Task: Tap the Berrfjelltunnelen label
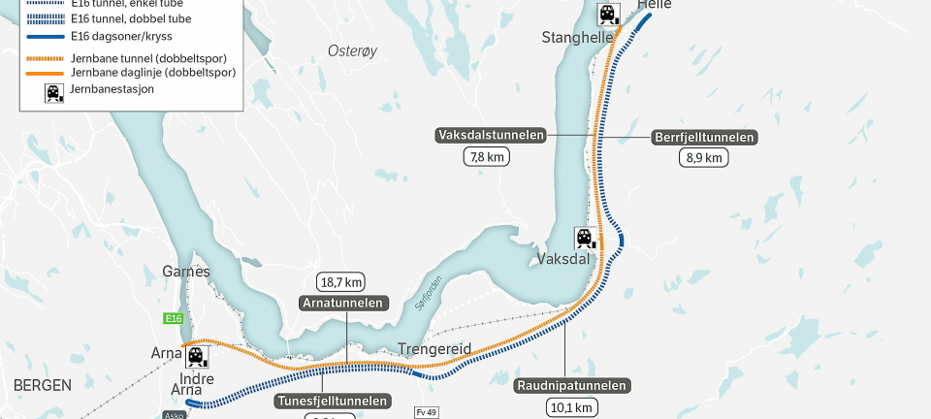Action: click(x=704, y=138)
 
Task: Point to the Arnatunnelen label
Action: click(x=343, y=303)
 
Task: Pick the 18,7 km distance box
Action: click(x=340, y=282)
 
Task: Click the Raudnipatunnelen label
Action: click(x=572, y=386)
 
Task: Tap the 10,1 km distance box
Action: click(x=570, y=407)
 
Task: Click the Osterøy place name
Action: click(x=350, y=50)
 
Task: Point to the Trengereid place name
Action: click(x=434, y=349)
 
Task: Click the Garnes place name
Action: click(x=186, y=272)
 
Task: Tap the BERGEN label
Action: click(x=43, y=385)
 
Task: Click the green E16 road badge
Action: click(x=174, y=318)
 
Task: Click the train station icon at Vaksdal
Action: click(x=585, y=237)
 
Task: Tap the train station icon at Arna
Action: click(x=197, y=356)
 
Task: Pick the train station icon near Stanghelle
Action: click(x=608, y=14)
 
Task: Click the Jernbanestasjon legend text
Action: click(x=112, y=89)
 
